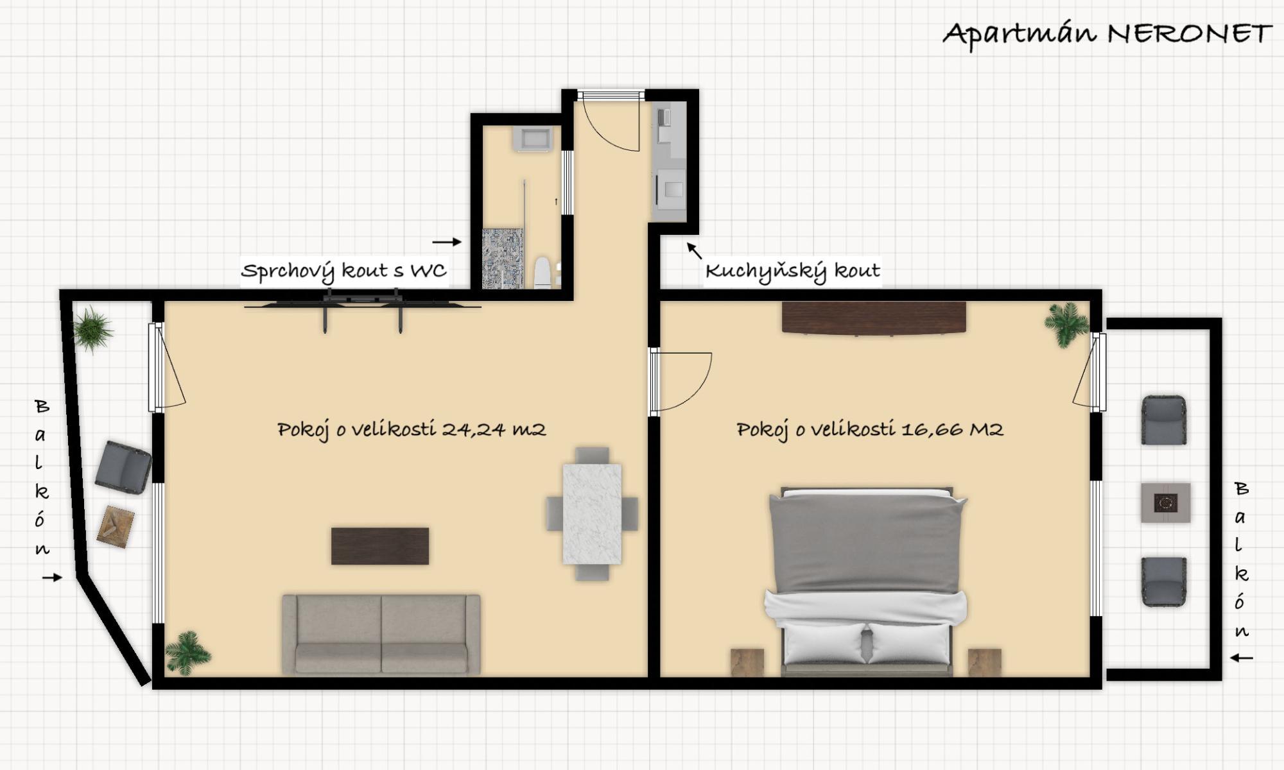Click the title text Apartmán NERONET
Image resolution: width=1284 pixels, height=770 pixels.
coord(1107,34)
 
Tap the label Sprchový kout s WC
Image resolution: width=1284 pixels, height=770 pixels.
coord(343,271)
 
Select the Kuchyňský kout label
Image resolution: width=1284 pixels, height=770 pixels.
coord(792,271)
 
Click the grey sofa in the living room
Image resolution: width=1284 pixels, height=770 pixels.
coord(381,635)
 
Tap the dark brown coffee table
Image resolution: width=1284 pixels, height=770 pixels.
coord(380,546)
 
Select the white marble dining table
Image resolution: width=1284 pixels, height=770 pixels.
coord(592,514)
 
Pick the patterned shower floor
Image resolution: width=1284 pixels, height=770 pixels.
coord(503,259)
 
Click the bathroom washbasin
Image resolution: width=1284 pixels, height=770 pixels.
coord(532,139)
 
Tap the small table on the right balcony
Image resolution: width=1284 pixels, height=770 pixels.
coord(1166,502)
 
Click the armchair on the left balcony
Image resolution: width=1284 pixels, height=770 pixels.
coord(123,467)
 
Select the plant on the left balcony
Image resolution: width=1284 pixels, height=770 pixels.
coord(92,329)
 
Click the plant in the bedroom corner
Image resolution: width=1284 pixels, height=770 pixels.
coord(1066,323)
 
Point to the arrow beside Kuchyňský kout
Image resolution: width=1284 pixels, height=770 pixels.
coord(695,250)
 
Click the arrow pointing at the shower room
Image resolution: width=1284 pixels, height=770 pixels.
coord(447,242)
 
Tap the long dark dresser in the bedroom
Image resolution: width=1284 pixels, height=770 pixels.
coord(874,318)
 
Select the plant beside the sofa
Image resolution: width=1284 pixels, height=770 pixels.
coord(187,653)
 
